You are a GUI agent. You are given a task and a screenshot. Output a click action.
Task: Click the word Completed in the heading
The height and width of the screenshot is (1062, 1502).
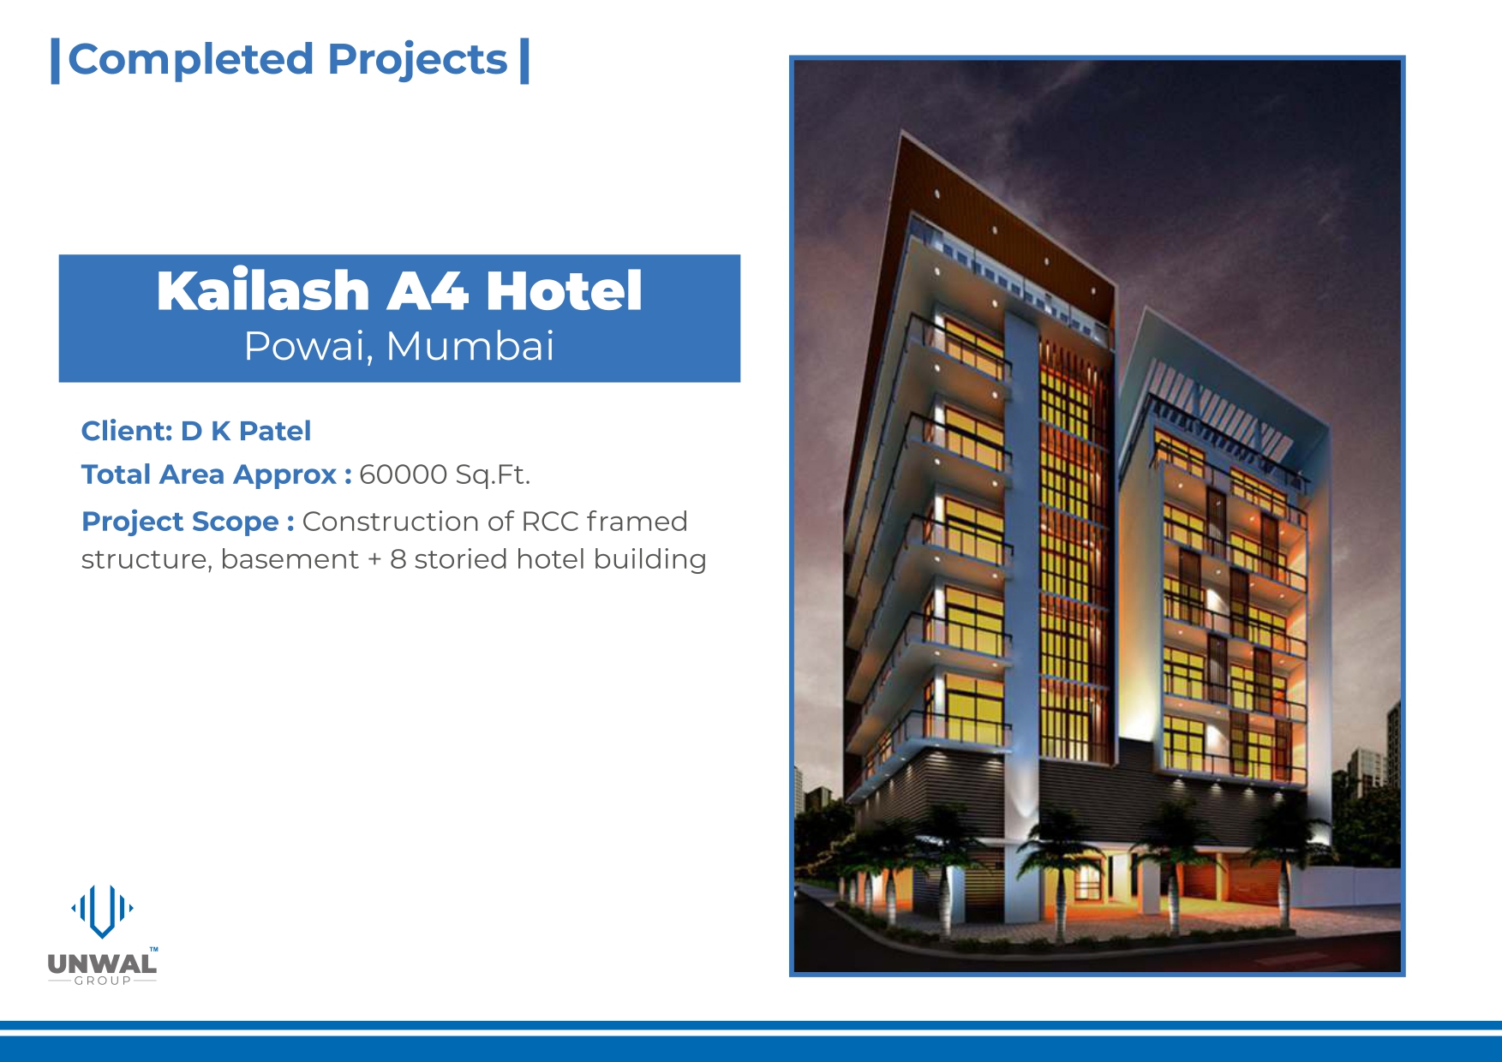(190, 59)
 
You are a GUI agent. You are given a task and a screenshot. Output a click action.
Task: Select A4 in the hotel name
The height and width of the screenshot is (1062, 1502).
(428, 291)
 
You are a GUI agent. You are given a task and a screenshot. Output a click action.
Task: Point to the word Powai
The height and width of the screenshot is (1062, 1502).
(308, 347)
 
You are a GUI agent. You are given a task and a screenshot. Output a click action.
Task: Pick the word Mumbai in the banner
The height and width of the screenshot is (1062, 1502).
(470, 346)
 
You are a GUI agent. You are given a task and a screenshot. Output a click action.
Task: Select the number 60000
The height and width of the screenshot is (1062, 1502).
(404, 474)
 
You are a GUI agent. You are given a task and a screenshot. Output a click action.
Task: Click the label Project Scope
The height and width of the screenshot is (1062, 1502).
(180, 522)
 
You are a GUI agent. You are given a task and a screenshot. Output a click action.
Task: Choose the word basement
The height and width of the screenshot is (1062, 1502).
(290, 559)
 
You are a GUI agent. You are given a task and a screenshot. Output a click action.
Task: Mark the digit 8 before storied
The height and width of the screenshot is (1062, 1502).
(398, 559)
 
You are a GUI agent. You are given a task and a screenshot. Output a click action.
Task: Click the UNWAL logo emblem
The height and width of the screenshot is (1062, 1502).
(102, 910)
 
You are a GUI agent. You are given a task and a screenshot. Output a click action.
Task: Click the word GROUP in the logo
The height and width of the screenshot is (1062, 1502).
(103, 981)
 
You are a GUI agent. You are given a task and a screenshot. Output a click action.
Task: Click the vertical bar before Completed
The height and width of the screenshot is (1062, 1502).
(55, 61)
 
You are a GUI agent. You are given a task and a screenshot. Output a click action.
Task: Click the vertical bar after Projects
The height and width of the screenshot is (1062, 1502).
(524, 61)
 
